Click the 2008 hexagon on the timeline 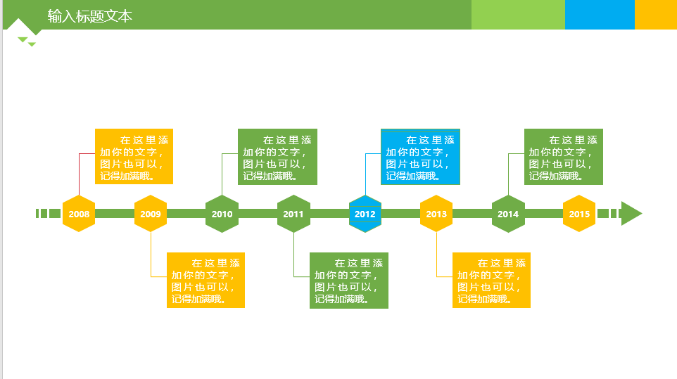click(79, 214)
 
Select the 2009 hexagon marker click(151, 214)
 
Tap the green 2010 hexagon click(222, 214)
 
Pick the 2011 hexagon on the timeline click(293, 214)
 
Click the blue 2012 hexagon click(365, 214)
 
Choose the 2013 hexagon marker click(436, 214)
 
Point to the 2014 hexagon click(508, 214)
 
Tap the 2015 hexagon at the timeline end click(579, 214)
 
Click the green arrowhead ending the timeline click(631, 214)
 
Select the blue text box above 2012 click(420, 157)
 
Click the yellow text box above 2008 click(134, 157)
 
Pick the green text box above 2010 click(277, 157)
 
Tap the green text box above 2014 click(563, 157)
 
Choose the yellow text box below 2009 click(205, 280)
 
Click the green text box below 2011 click(349, 280)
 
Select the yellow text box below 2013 click(491, 280)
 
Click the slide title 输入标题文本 click(90, 15)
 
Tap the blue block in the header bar click(600, 15)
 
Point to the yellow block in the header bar click(656, 15)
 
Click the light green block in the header click(518, 15)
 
